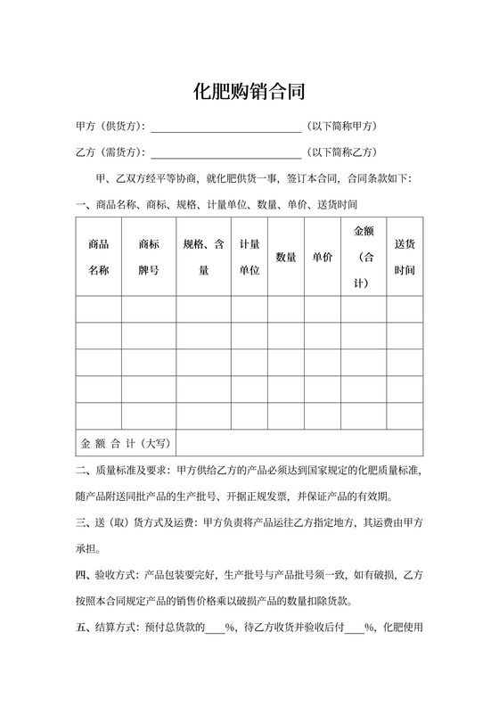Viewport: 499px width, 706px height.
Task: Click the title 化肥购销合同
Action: pyautogui.click(x=250, y=91)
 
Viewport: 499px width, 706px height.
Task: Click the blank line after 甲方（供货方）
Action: pyautogui.click(x=226, y=127)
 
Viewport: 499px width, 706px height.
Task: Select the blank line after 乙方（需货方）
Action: pyautogui.click(x=226, y=152)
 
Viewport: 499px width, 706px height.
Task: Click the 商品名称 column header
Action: pyautogui.click(x=99, y=257)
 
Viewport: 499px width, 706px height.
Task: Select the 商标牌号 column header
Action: pyautogui.click(x=149, y=257)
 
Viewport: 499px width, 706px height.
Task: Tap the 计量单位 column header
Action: pyautogui.click(x=250, y=257)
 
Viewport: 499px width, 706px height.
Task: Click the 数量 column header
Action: pyautogui.click(x=286, y=257)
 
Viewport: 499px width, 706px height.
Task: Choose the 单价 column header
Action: pyautogui.click(x=323, y=257)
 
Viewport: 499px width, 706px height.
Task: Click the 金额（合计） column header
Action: pyautogui.click(x=364, y=257)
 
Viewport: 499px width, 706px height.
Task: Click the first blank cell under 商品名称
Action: pyautogui.click(x=99, y=308)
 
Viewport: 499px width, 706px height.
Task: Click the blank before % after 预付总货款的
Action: pyautogui.click(x=215, y=627)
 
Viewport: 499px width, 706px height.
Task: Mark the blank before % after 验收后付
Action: pyautogui.click(x=352, y=627)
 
